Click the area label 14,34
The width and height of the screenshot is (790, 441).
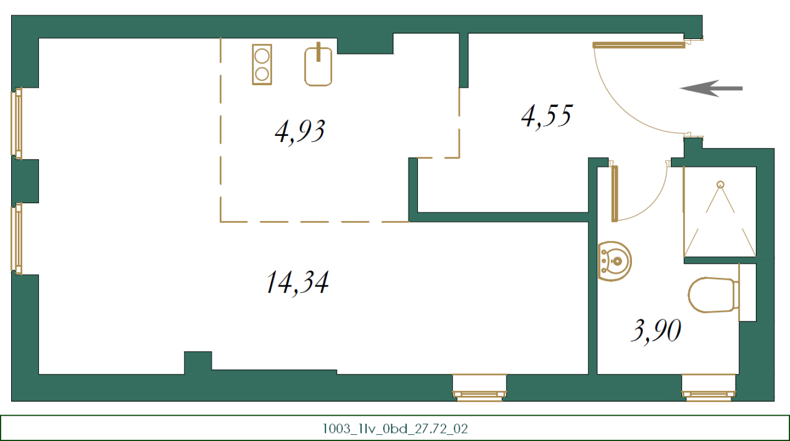pyautogui.click(x=297, y=283)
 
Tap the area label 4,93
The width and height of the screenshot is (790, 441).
pyautogui.click(x=300, y=131)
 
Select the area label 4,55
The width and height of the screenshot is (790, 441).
pyautogui.click(x=547, y=115)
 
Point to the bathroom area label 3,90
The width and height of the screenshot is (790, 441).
pyautogui.click(x=655, y=331)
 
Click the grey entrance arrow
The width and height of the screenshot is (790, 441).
pyautogui.click(x=711, y=88)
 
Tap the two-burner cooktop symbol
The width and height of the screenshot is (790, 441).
pyautogui.click(x=262, y=64)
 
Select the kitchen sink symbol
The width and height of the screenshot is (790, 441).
pyautogui.click(x=318, y=67)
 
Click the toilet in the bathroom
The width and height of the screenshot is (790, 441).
pyautogui.click(x=713, y=295)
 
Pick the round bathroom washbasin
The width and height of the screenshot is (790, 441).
pyautogui.click(x=615, y=261)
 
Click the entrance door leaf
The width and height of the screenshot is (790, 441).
pyautogui.click(x=638, y=44)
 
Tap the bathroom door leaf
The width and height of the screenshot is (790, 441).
pyautogui.click(x=614, y=193)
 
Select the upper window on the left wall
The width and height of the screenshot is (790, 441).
pyautogui.click(x=17, y=123)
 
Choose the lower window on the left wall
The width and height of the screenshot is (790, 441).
pyautogui.click(x=17, y=238)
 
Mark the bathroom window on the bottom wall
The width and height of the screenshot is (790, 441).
pyautogui.click(x=709, y=389)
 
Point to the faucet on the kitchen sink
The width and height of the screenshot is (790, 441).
pyautogui.click(x=318, y=52)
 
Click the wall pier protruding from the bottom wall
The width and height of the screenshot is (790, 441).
pyautogui.click(x=198, y=361)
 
